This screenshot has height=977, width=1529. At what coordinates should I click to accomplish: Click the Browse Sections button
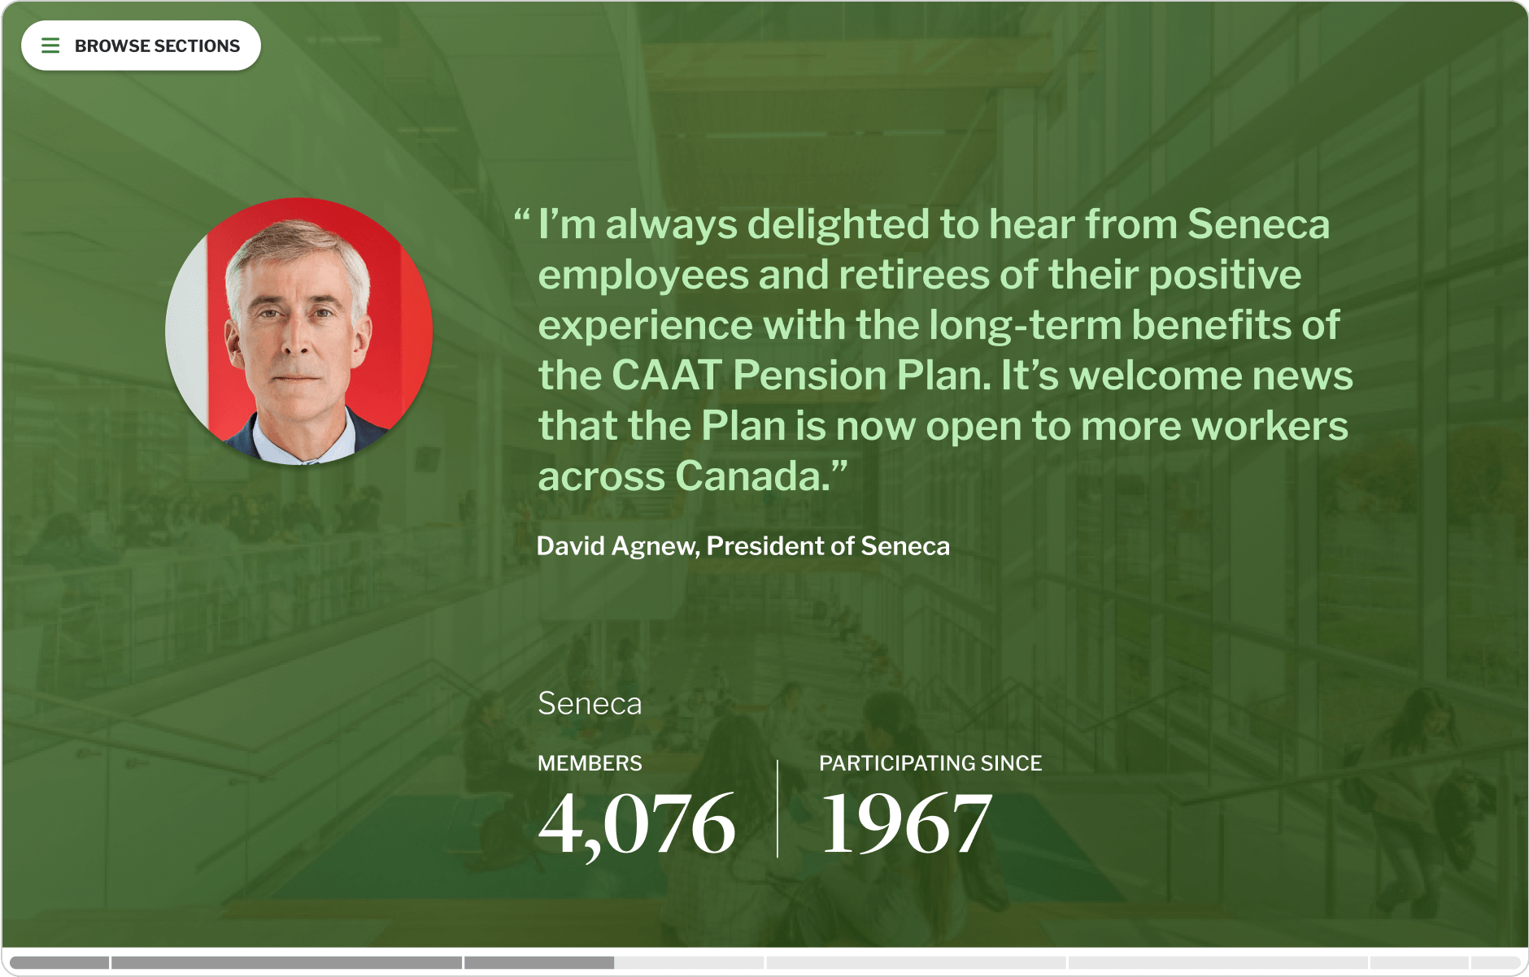(141, 46)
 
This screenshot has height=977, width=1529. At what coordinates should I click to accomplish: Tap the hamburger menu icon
(50, 46)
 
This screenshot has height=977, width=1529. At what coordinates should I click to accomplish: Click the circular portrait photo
(299, 332)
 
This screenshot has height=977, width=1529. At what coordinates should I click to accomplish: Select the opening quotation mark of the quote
(521, 217)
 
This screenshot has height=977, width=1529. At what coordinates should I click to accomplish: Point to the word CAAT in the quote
(666, 375)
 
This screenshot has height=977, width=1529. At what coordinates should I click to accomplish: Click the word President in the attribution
(764, 546)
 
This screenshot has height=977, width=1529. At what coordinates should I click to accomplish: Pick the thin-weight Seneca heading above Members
(590, 703)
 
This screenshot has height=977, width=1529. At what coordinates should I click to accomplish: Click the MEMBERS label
(590, 763)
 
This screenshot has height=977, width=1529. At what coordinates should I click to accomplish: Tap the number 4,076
(637, 824)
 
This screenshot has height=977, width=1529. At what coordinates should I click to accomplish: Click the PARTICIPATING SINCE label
(930, 763)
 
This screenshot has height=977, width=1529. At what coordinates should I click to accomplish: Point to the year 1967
(906, 824)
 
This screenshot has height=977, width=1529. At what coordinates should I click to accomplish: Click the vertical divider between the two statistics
(778, 809)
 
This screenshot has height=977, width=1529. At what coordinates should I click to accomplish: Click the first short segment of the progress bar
(60, 962)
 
